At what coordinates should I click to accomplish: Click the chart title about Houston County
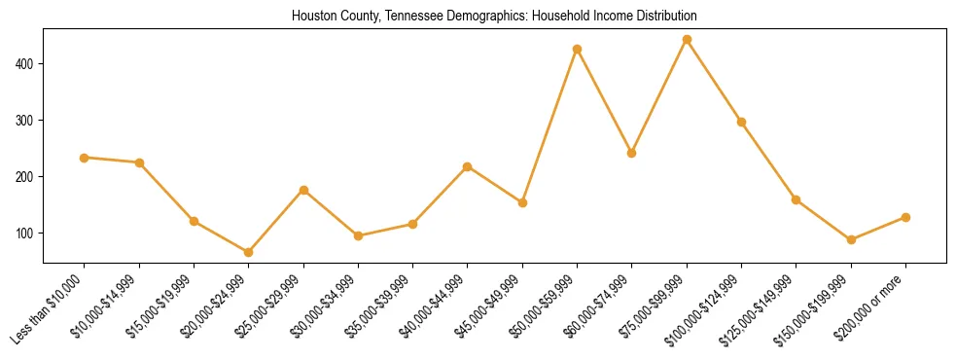click(x=494, y=17)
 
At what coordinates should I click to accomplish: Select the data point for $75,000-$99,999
click(x=687, y=40)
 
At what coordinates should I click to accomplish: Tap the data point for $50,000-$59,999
click(x=578, y=49)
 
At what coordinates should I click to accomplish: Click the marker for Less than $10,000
click(x=85, y=158)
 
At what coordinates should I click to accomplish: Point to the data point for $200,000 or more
click(x=905, y=217)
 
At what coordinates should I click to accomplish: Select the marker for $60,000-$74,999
click(x=632, y=153)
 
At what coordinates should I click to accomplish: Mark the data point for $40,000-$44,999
click(x=468, y=166)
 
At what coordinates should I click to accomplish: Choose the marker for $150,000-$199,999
click(x=851, y=239)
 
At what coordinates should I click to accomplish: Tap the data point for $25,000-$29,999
click(x=303, y=190)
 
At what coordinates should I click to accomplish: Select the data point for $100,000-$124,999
click(x=741, y=122)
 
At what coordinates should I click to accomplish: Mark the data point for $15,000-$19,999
click(x=194, y=221)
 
